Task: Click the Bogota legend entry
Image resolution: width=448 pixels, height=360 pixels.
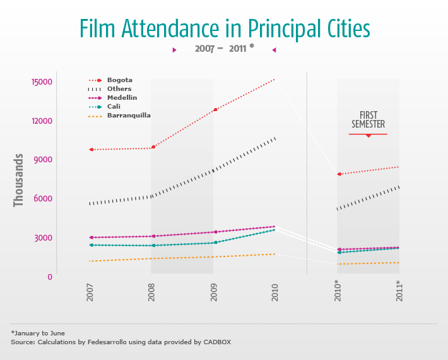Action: coord(119,80)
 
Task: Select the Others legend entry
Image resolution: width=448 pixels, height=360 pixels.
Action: coord(119,89)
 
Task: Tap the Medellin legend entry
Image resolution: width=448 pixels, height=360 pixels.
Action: coord(122,98)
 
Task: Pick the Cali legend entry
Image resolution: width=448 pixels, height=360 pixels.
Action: coord(114,107)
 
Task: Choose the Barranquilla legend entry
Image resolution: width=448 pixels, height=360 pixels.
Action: coord(129,116)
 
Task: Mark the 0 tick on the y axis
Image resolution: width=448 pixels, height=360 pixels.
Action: coord(49,277)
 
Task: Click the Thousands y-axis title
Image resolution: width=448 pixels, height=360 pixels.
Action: coord(19,180)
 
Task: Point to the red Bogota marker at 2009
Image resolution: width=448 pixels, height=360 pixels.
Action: coord(215,109)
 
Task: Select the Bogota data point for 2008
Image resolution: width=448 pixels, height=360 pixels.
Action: coord(153,147)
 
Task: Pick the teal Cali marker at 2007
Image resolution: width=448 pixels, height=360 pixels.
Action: coord(91,245)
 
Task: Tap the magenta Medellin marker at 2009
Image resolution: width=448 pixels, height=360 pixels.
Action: coord(215,232)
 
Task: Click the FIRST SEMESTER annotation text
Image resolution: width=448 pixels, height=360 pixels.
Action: coord(368,119)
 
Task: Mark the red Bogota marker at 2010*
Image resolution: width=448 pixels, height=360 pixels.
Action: coord(339,174)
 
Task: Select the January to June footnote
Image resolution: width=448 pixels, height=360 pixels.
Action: coord(38,333)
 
